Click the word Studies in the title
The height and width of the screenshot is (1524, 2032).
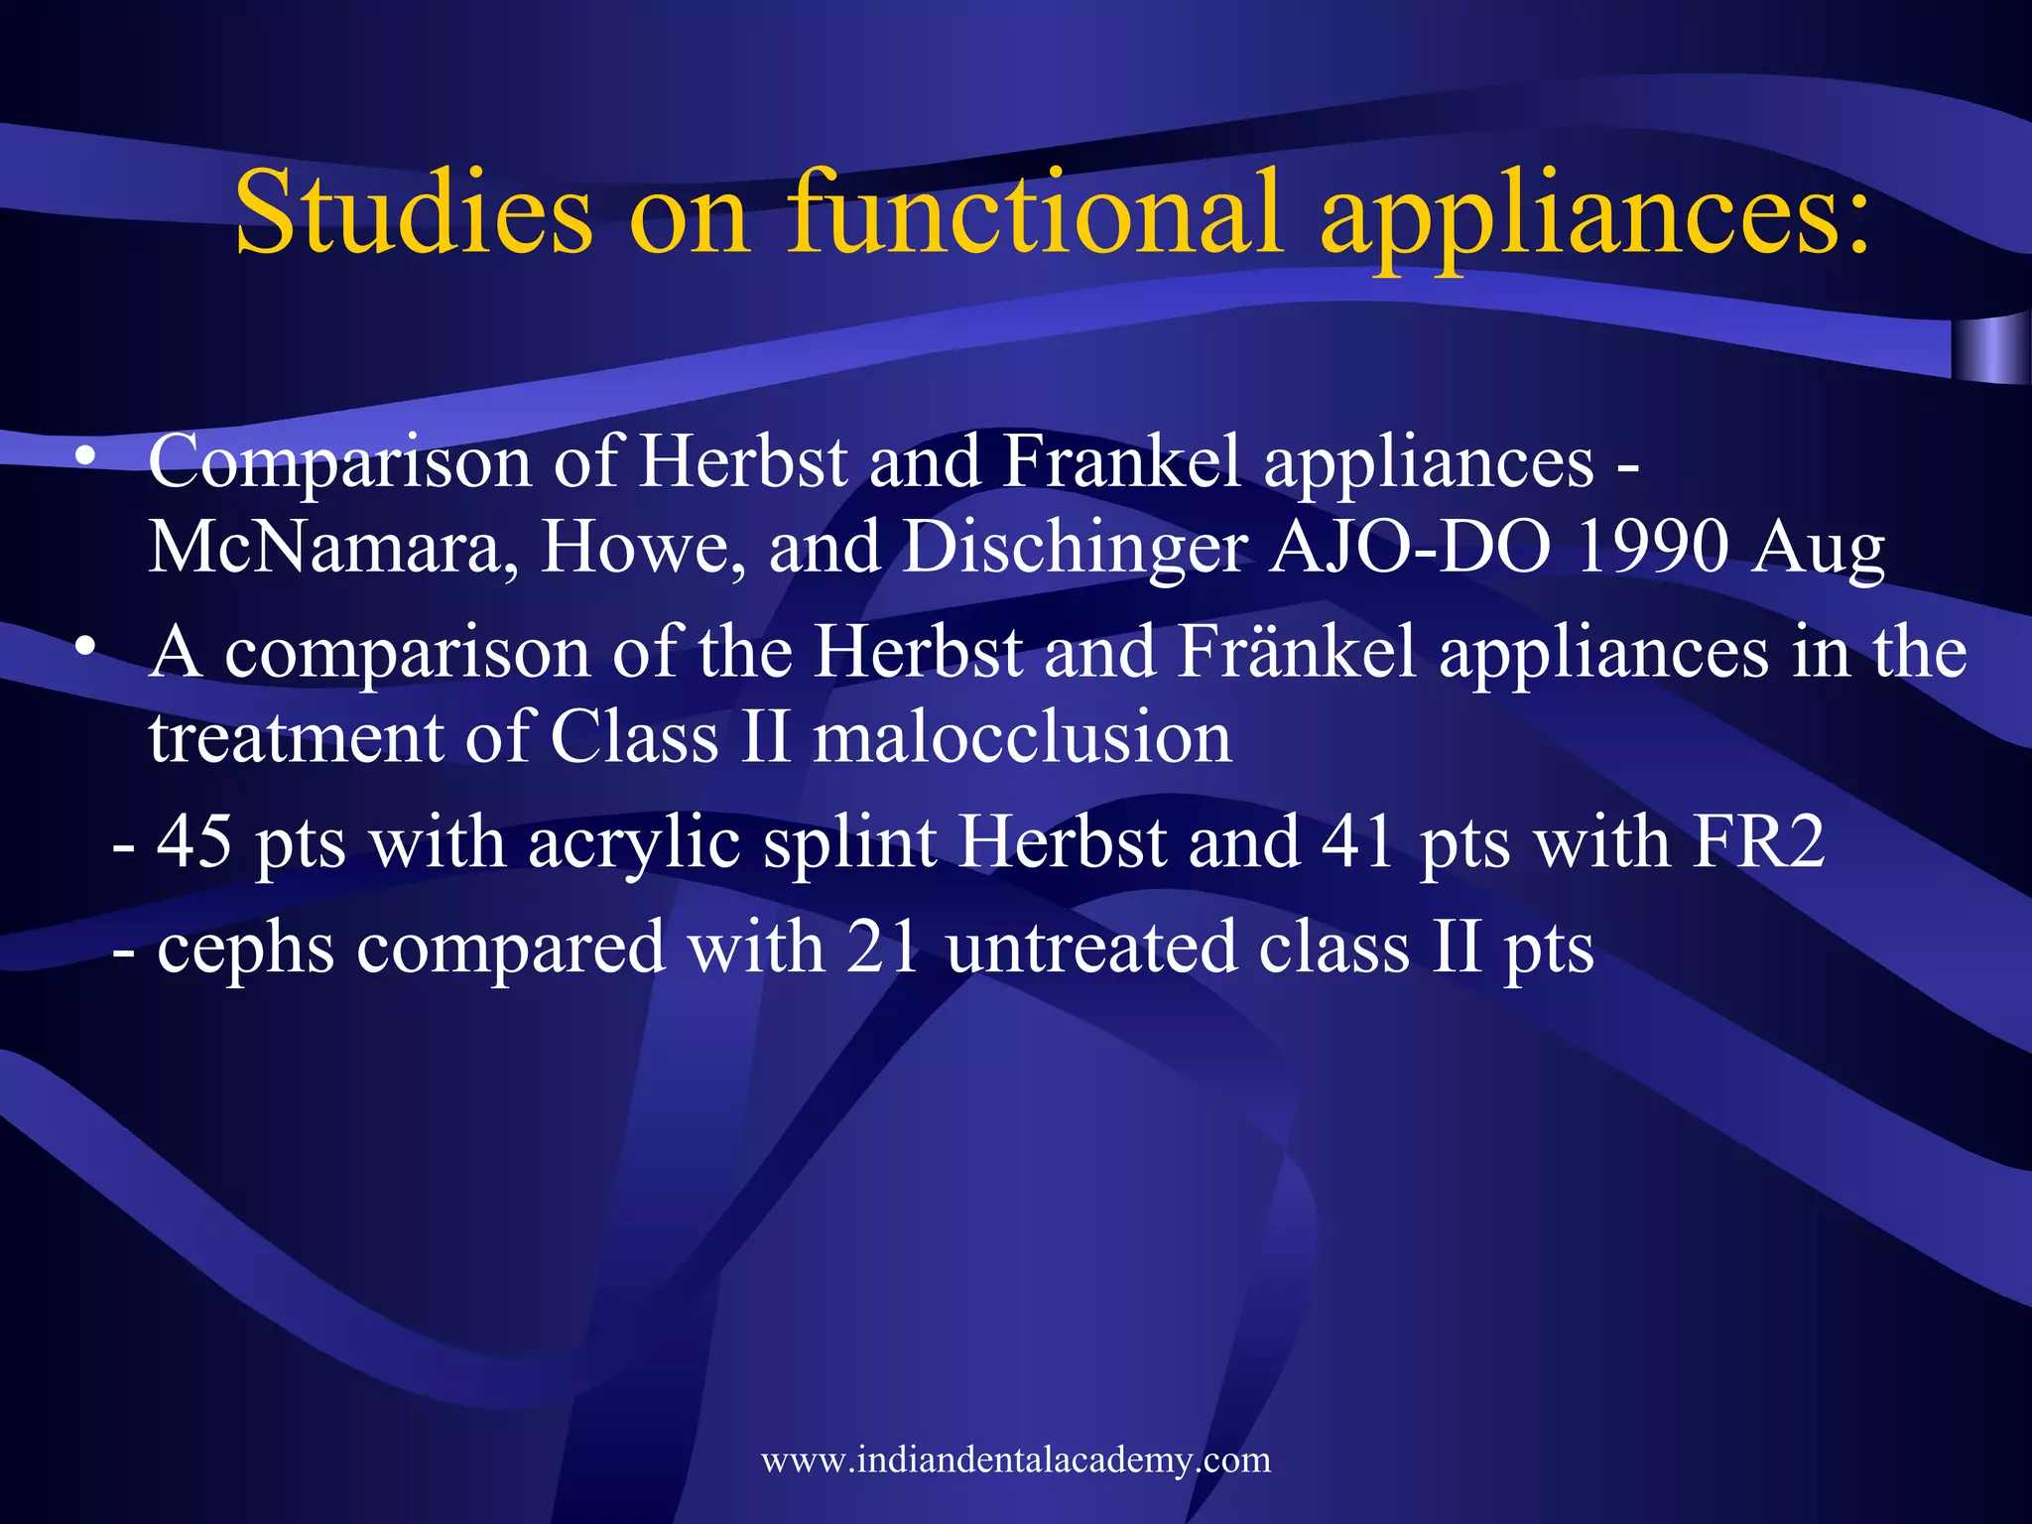coord(414,211)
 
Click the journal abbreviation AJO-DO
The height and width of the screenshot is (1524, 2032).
coord(1410,548)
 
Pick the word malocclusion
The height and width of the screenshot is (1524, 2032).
coord(1022,737)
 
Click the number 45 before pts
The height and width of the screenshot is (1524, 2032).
coord(194,841)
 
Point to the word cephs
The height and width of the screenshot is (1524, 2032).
coord(245,949)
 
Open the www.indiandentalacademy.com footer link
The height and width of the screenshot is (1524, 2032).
coord(1016,1460)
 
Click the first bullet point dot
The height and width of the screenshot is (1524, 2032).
coord(86,456)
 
